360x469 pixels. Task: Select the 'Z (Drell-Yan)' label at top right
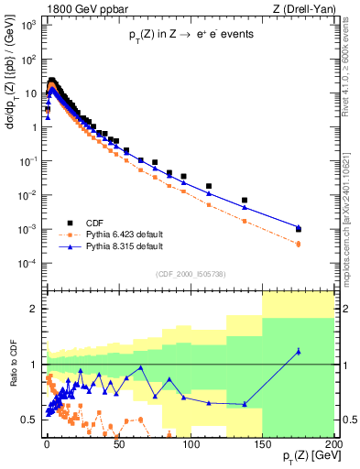pyautogui.click(x=299, y=8)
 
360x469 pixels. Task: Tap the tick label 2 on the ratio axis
pyautogui.click(x=32, y=309)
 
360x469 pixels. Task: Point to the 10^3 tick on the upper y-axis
pyautogui.click(x=27, y=24)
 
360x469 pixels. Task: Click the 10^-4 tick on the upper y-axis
pyautogui.click(x=27, y=263)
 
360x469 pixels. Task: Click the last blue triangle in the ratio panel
pyautogui.click(x=299, y=351)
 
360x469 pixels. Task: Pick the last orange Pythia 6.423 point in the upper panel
pyautogui.click(x=299, y=244)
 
